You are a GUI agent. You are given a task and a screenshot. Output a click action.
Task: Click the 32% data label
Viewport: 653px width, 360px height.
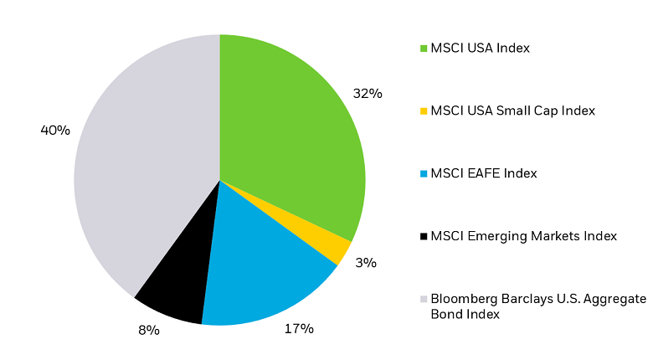368,94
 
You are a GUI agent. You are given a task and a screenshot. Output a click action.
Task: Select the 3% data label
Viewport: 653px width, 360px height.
366,263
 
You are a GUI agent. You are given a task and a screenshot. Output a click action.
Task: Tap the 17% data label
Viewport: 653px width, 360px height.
299,329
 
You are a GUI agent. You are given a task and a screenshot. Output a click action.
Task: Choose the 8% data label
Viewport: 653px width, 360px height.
148,330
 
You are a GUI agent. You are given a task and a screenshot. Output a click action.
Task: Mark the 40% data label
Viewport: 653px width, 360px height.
55,131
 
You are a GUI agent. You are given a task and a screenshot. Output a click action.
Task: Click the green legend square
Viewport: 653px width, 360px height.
424,48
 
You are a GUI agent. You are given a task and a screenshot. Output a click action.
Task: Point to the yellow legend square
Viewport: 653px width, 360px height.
424,111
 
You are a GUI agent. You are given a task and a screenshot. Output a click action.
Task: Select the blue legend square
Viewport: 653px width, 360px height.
424,173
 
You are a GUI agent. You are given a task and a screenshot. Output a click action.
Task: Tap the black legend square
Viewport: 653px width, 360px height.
424,236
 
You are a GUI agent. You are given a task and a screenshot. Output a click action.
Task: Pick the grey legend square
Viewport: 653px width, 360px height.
424,299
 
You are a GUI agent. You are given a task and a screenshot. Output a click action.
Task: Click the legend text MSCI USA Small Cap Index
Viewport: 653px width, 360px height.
512,111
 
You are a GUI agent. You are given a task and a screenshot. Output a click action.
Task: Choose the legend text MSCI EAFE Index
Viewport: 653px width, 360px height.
483,173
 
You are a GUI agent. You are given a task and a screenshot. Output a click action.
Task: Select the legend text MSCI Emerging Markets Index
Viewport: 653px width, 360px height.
523,236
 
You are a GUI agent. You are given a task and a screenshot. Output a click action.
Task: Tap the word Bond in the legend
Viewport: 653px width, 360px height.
445,314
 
